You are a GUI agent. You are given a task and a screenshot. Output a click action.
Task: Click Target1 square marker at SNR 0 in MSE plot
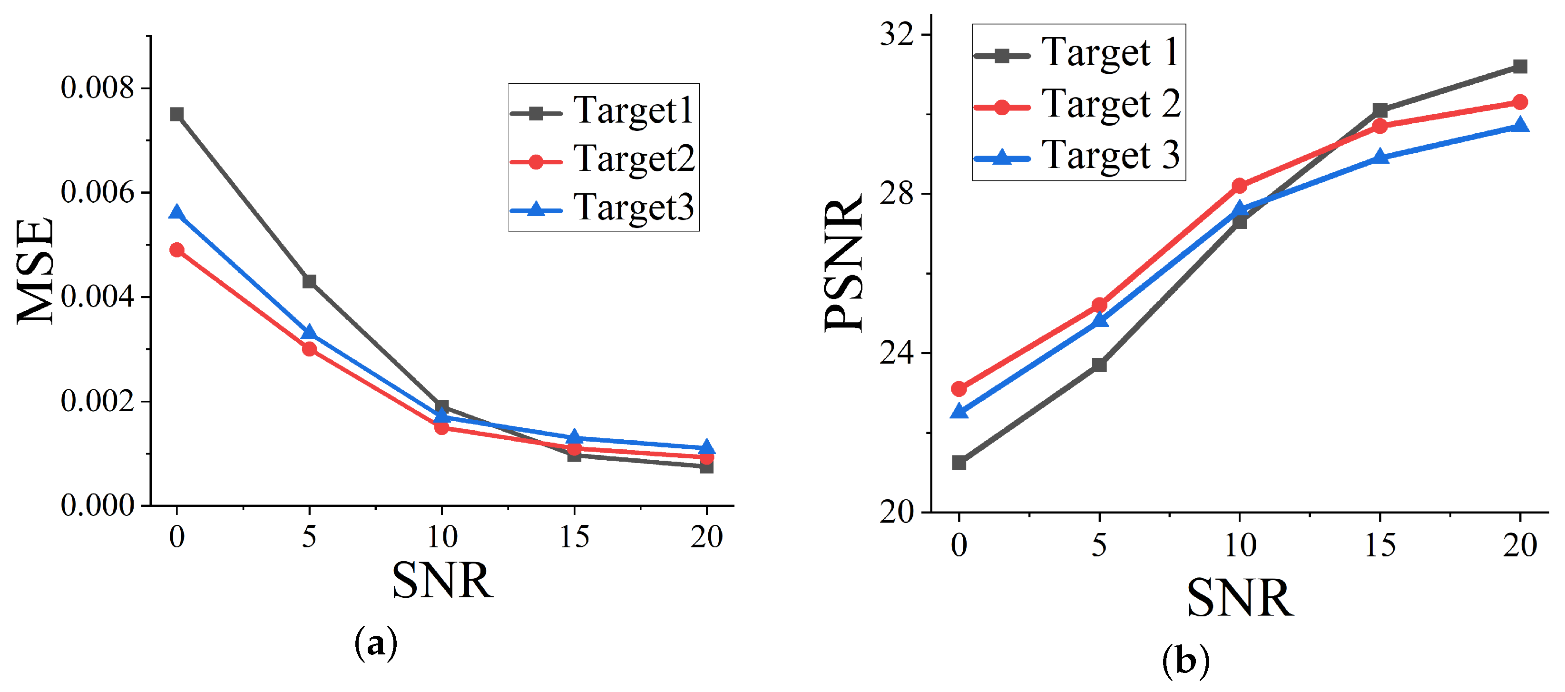(177, 114)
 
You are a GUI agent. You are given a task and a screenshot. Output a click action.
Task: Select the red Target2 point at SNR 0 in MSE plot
(177, 250)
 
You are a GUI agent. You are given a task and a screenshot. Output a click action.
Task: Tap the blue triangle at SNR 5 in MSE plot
(309, 333)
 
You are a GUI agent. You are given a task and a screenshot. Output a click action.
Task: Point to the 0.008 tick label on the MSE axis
(97, 88)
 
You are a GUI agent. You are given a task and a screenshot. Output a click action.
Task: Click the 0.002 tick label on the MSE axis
(97, 401)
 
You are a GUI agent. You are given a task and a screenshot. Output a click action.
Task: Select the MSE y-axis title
(35, 272)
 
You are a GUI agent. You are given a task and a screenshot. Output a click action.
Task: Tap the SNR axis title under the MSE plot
(442, 581)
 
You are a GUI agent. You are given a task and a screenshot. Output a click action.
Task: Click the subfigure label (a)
(376, 643)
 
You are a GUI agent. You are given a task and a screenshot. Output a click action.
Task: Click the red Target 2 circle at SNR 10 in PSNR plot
(1239, 186)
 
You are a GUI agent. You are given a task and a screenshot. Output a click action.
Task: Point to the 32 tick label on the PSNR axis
(897, 35)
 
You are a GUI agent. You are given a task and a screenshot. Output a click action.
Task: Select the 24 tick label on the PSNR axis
(897, 353)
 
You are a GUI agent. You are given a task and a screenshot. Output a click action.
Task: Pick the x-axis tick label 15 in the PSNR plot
(1379, 545)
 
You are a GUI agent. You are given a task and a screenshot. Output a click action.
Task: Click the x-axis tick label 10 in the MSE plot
(442, 537)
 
